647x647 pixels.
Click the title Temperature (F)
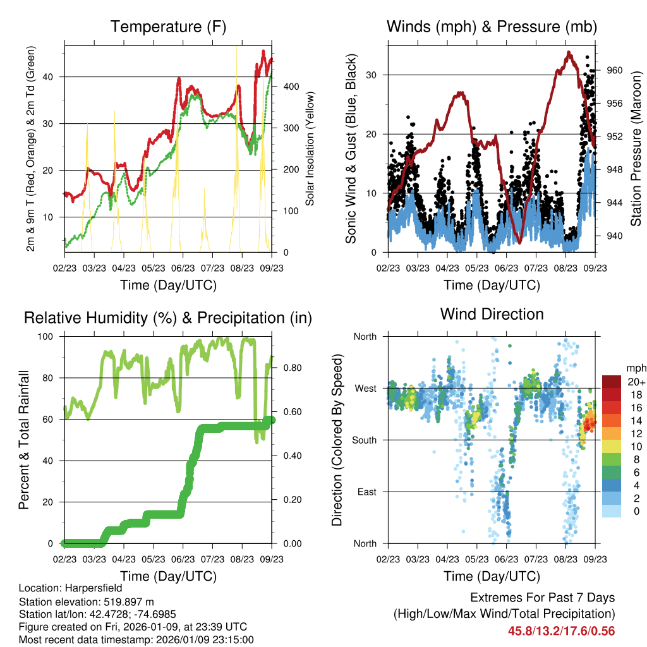coord(168,27)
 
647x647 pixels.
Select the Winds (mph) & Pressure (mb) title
coord(492,27)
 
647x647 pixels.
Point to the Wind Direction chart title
coord(492,314)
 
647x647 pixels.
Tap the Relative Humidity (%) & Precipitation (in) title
coord(168,318)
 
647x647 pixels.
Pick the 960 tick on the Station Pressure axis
coord(615,70)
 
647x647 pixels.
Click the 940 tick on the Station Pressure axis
coord(615,236)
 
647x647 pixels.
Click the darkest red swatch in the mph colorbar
coord(612,382)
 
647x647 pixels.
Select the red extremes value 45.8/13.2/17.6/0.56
coord(561,631)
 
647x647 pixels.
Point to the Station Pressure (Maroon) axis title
coord(636,148)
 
